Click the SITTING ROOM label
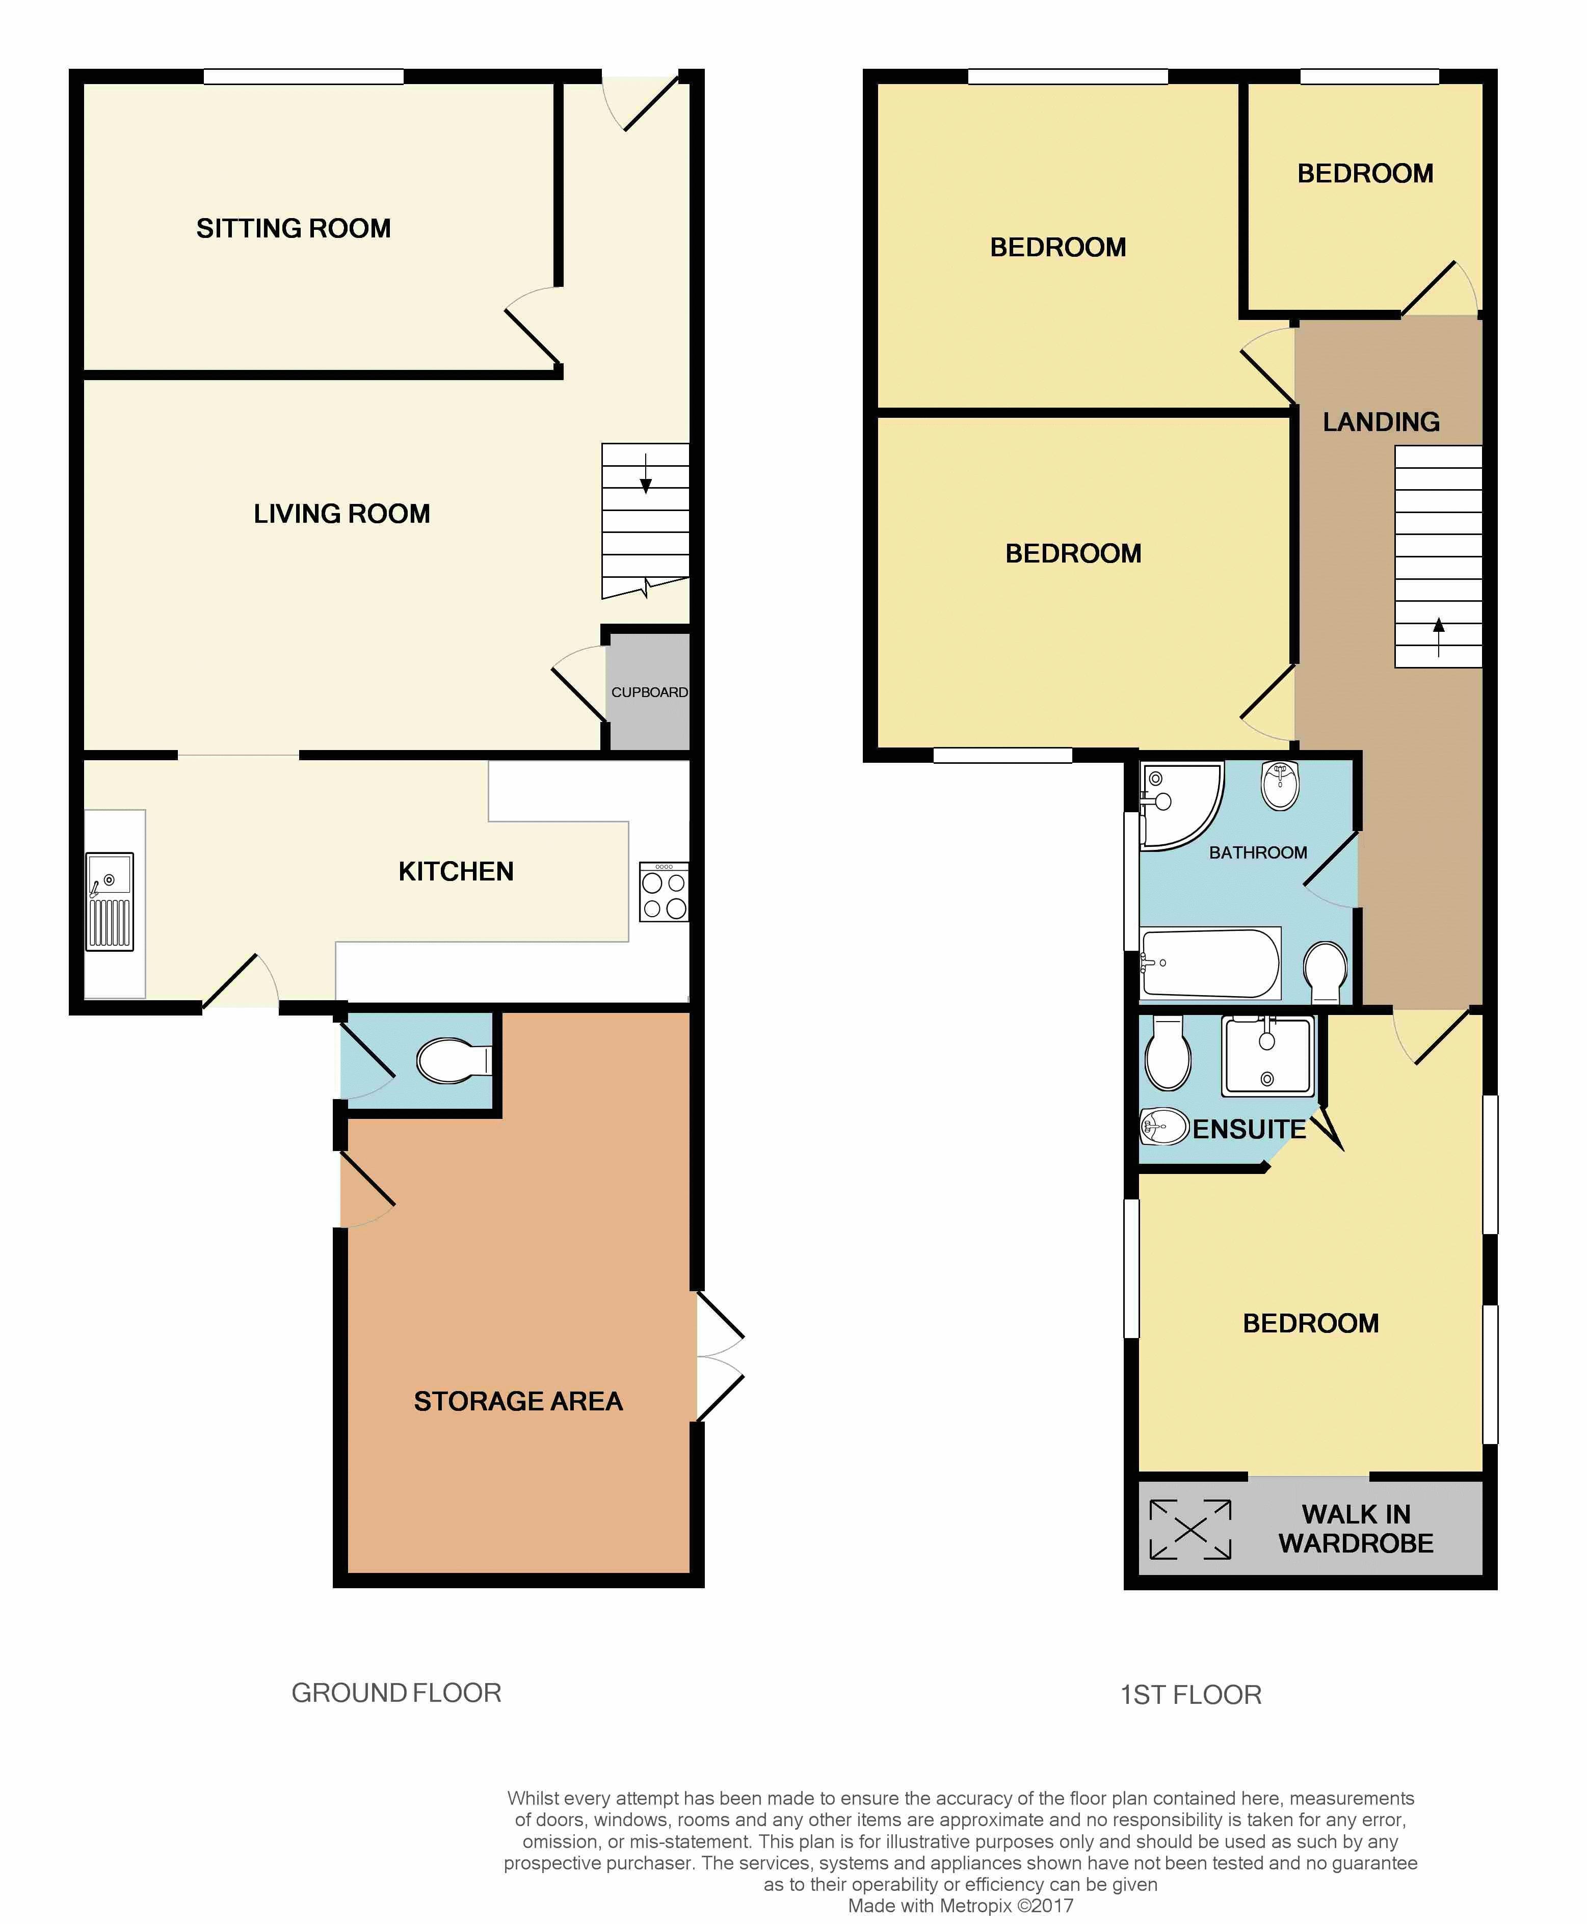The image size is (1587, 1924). click(294, 228)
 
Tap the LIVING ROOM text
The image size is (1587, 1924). click(342, 514)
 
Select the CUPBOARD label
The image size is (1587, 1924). click(649, 692)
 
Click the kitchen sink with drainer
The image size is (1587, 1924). click(110, 901)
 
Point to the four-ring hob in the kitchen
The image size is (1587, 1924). click(664, 891)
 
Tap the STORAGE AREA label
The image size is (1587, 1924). click(518, 1401)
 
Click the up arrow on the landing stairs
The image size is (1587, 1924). click(1439, 637)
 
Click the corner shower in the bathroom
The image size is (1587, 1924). click(1179, 805)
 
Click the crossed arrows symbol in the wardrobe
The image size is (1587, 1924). click(1191, 1529)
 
